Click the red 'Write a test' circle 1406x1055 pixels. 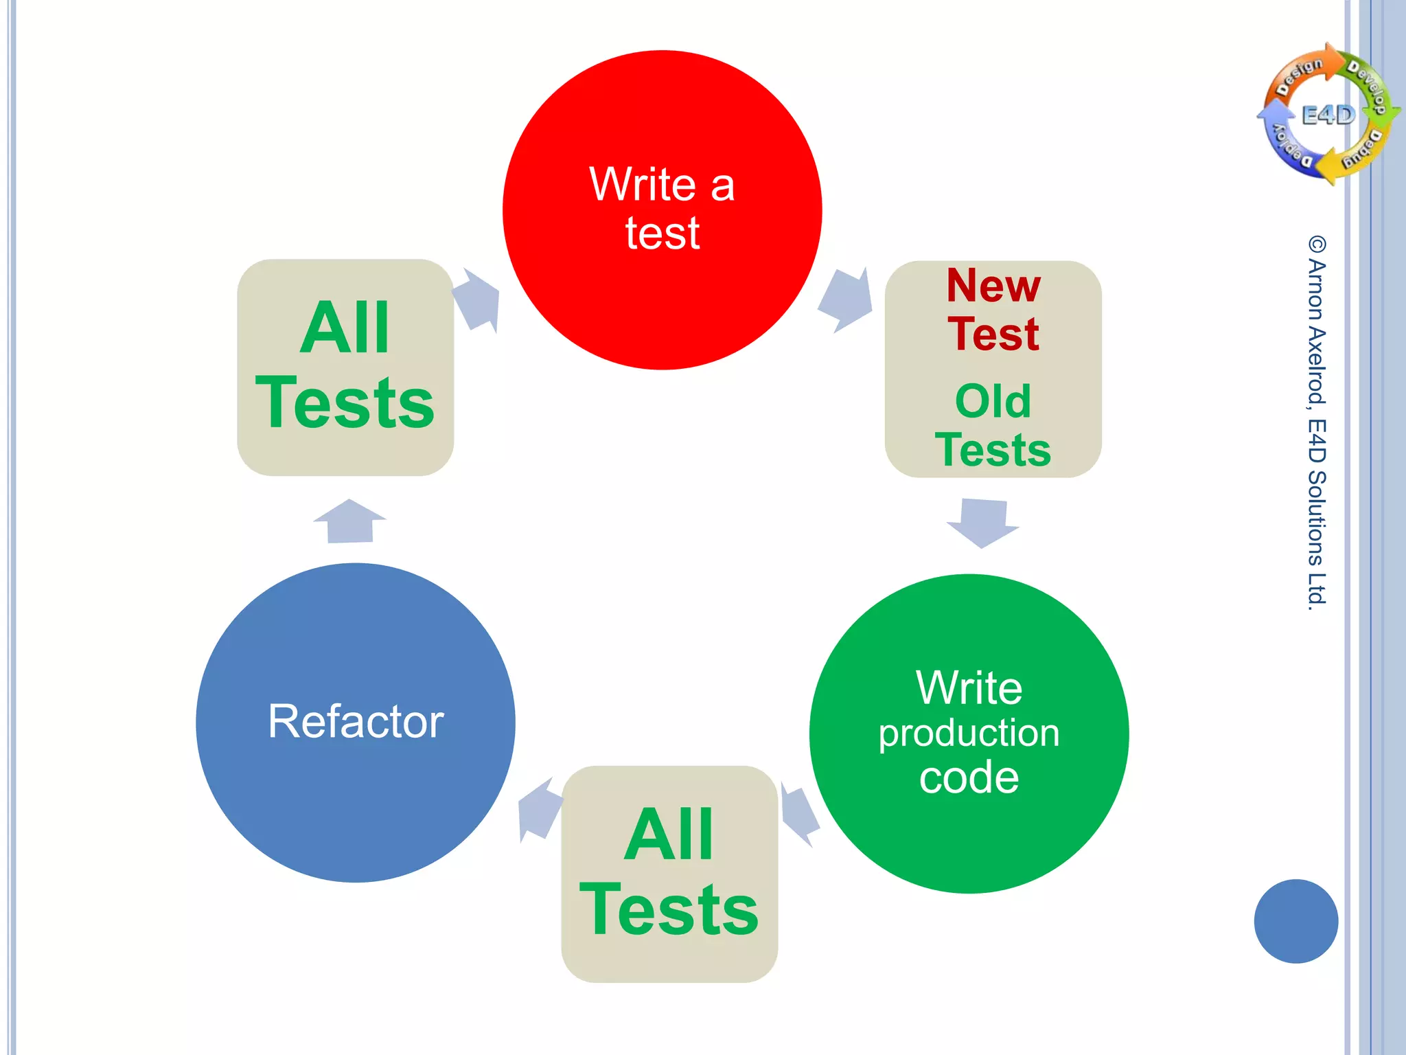tap(662, 209)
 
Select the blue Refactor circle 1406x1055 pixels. tap(355, 723)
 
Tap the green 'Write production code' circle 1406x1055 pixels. tap(969, 734)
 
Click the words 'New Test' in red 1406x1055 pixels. tap(993, 309)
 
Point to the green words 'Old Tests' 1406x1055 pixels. tap(993, 426)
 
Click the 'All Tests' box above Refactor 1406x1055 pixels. tap(345, 367)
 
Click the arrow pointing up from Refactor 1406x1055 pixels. tap(350, 522)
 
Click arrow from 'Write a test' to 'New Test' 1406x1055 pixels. tap(846, 299)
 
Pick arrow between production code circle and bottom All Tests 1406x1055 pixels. tap(798, 814)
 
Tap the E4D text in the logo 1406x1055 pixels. tap(1328, 115)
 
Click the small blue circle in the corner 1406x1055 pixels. tap(1295, 921)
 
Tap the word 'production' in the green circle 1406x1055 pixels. tap(969, 733)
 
